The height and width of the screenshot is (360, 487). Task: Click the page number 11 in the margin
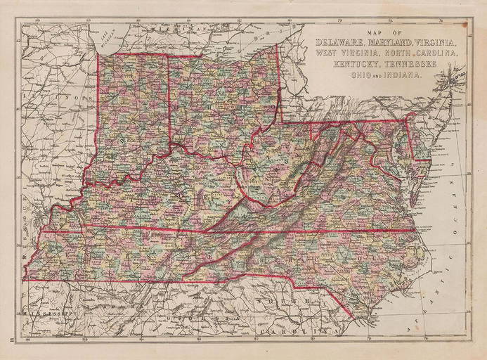(11, 339)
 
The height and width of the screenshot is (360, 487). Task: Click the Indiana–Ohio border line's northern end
(168, 56)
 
